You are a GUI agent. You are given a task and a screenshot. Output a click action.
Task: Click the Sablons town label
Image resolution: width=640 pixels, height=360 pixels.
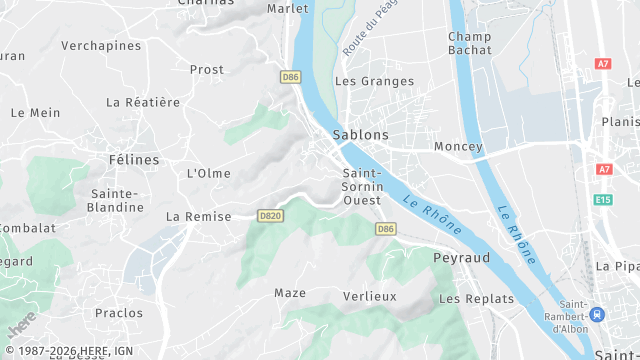[x=360, y=134]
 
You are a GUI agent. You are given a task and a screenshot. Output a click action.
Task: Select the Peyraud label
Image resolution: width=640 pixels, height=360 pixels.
[x=461, y=257]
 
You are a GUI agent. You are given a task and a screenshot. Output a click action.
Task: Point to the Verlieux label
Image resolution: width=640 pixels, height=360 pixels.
[x=370, y=296]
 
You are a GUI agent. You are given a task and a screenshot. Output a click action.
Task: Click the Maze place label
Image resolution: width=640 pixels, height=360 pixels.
[x=290, y=293]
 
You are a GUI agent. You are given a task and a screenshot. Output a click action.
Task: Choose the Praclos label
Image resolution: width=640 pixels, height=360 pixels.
[x=119, y=313]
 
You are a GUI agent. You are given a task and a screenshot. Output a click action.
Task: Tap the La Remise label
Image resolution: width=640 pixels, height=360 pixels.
[x=198, y=216]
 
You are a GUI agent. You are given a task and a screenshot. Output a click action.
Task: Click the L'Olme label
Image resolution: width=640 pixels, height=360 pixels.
[x=209, y=173]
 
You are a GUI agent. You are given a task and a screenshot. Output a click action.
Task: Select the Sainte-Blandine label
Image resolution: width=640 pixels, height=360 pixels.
[x=117, y=200]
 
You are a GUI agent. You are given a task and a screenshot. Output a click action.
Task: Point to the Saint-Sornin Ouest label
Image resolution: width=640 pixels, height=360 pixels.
[x=361, y=186]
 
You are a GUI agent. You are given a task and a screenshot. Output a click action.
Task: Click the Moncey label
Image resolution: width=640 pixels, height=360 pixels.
[x=458, y=146]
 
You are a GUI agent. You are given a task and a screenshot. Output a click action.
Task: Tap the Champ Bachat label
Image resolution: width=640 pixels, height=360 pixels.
[x=470, y=43]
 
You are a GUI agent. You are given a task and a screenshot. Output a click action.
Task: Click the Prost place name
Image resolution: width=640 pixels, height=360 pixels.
[x=207, y=69]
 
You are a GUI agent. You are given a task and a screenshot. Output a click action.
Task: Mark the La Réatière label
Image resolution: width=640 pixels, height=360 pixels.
[x=143, y=102]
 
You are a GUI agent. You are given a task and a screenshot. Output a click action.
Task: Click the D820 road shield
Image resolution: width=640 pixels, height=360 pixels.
[x=270, y=215]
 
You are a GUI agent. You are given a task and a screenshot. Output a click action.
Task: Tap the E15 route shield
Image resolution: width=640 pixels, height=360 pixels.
[x=603, y=200]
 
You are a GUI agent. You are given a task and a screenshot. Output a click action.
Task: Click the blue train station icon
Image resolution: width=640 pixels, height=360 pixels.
[x=597, y=315]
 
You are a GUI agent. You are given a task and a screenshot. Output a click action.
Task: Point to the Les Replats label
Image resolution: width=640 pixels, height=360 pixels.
[x=476, y=299]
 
